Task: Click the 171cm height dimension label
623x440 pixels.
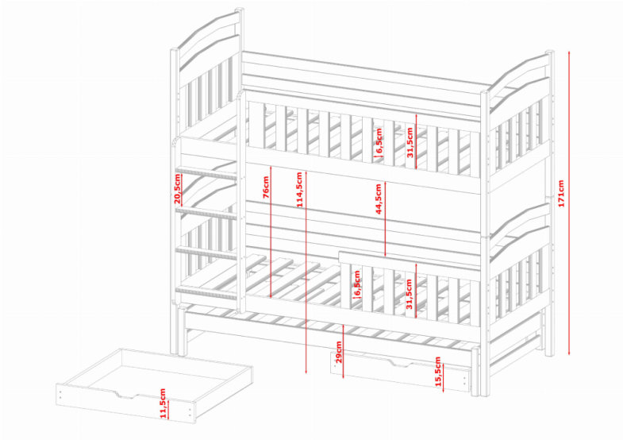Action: tap(560, 194)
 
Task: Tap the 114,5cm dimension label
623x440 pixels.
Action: tap(299, 189)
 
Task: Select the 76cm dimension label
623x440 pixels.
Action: tap(266, 187)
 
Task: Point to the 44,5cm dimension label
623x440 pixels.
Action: tap(379, 199)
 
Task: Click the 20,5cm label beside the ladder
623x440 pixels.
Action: tap(177, 188)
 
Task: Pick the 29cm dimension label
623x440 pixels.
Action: tap(339, 352)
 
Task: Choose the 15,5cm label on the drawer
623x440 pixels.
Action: tap(438, 371)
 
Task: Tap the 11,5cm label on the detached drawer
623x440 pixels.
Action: tap(163, 403)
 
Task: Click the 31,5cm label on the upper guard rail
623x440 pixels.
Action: tap(410, 142)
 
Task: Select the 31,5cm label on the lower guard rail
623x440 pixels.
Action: tap(410, 294)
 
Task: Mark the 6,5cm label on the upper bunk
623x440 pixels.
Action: tap(379, 141)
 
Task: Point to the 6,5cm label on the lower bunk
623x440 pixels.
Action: tap(357, 283)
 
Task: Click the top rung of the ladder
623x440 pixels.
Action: tap(206, 173)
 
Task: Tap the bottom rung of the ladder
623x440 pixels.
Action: tap(206, 293)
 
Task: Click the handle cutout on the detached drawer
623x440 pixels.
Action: tap(127, 395)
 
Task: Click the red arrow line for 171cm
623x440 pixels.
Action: tap(570, 203)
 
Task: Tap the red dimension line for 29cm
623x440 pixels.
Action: tap(344, 351)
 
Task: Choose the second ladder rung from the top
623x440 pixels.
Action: tap(206, 213)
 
